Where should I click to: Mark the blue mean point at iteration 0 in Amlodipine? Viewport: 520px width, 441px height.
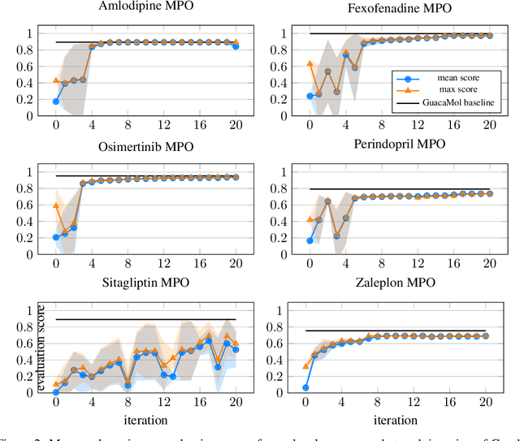tap(55, 102)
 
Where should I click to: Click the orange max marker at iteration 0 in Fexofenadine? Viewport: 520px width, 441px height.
tap(309, 63)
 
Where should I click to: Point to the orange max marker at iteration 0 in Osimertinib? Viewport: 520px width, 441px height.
tap(55, 205)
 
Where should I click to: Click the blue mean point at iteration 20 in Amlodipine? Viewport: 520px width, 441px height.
tap(236, 46)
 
